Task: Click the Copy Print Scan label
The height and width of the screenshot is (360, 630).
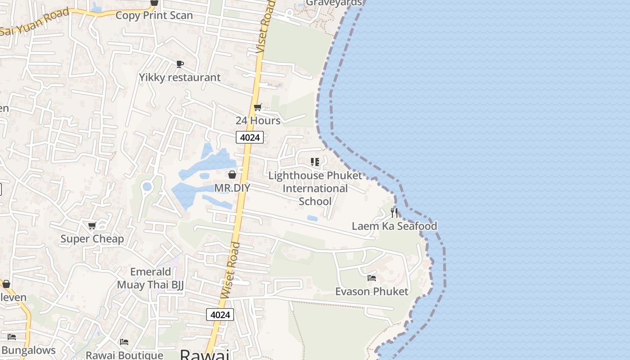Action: (154, 15)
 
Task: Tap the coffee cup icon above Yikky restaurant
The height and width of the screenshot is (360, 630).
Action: (180, 64)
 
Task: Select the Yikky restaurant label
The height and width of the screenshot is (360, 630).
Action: (180, 77)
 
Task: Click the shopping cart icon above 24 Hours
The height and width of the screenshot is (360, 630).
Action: (257, 108)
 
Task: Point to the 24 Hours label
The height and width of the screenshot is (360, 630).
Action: (258, 121)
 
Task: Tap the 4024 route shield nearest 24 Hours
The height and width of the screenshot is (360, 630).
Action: (249, 137)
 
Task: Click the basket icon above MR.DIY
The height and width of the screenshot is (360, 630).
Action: (232, 175)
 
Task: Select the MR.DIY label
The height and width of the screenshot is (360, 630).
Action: (232, 188)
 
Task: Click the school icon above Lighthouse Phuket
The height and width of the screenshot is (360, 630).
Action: (315, 162)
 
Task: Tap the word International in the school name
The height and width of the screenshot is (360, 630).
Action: (315, 189)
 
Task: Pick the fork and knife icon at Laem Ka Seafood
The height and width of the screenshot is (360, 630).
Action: (394, 212)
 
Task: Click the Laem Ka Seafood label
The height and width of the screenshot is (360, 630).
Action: (394, 226)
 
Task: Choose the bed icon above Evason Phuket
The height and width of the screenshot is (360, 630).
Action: (372, 278)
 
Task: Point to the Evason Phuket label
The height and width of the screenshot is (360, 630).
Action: (372, 292)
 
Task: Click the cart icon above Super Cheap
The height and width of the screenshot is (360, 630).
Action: (92, 225)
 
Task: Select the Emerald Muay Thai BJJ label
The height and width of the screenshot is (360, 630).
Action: (150, 279)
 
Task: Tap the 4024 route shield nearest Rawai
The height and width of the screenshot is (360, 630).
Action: (220, 315)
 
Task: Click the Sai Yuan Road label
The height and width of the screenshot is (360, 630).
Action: (35, 22)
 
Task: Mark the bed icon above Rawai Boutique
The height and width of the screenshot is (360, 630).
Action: (124, 342)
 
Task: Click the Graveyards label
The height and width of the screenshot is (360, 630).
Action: (333, 3)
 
